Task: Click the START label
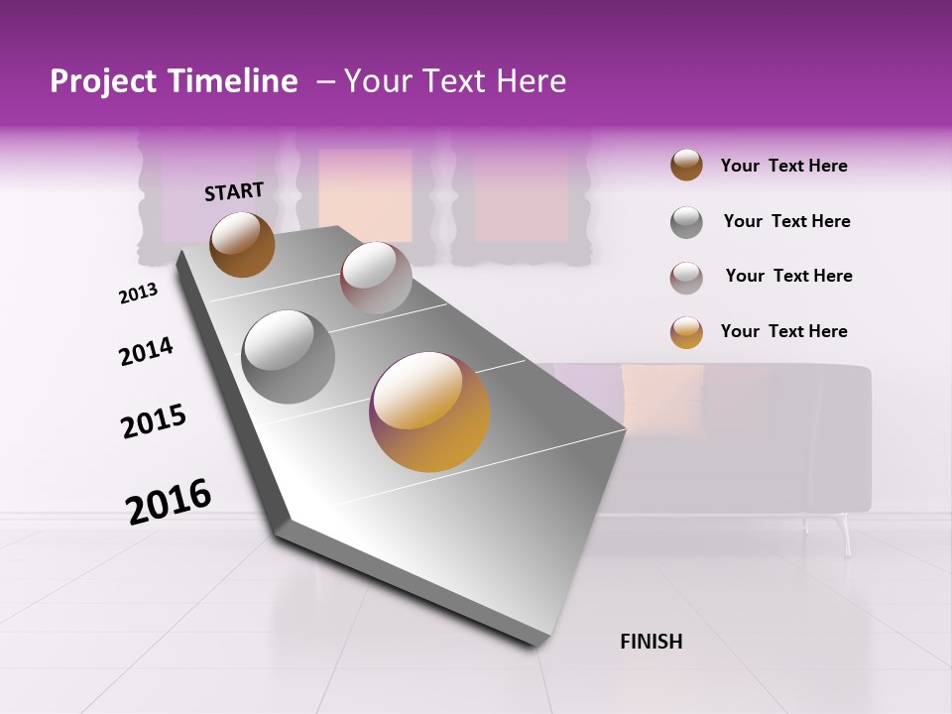pos(234,191)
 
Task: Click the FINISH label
pos(651,642)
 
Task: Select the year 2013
pos(138,294)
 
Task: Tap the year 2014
pos(146,351)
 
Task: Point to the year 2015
pos(154,421)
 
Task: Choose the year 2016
pos(169,500)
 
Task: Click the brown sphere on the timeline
pos(242,244)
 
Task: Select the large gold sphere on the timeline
pos(429,412)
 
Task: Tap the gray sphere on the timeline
pos(289,357)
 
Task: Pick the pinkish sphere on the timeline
pos(376,278)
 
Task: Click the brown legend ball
pos(686,166)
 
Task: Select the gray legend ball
pos(686,222)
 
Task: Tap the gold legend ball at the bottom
pos(686,332)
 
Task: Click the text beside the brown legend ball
pos(783,166)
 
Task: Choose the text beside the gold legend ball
pos(783,331)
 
